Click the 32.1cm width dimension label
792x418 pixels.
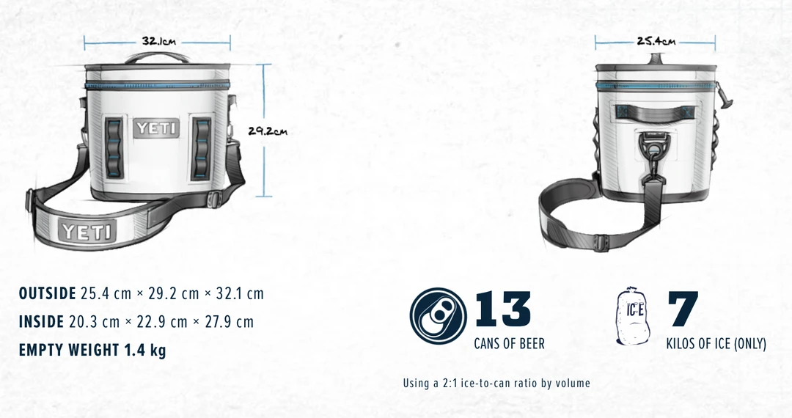click(x=158, y=41)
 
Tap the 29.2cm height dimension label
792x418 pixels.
click(x=268, y=131)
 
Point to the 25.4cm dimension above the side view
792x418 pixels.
click(x=656, y=41)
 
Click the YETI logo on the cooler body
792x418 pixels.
click(x=157, y=128)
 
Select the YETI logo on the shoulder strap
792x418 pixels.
click(x=87, y=232)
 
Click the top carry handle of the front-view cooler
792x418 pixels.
click(x=157, y=57)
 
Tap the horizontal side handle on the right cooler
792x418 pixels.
click(x=655, y=111)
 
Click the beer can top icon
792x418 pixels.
click(x=437, y=316)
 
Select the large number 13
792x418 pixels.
click(x=503, y=308)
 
